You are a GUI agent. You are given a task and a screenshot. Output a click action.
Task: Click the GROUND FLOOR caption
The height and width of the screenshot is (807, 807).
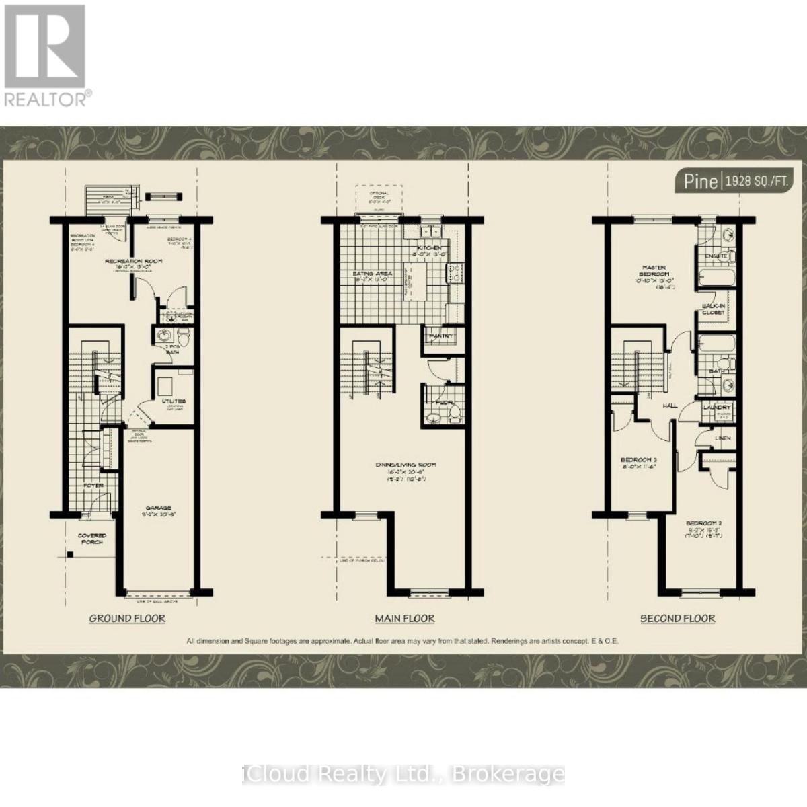[x=127, y=618]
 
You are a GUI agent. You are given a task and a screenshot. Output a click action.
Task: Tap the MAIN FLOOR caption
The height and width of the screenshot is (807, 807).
[x=404, y=618]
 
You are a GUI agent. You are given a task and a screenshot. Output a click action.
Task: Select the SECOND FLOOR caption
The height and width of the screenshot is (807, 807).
[x=677, y=618]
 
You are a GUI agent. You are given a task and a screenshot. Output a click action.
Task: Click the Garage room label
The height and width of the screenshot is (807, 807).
[x=159, y=508]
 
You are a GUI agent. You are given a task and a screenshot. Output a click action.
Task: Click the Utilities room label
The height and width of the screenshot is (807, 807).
[x=174, y=401]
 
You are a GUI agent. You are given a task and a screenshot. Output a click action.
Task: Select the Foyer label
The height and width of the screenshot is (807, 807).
[x=93, y=484]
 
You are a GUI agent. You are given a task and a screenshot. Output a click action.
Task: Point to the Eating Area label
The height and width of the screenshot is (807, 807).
[x=373, y=274]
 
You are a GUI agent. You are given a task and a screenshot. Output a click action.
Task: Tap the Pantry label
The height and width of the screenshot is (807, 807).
[x=441, y=336]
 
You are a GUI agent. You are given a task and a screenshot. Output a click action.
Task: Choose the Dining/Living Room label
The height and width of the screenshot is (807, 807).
[x=406, y=465]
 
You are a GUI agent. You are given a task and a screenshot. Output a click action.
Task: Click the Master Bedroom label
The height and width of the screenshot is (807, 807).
[x=654, y=270]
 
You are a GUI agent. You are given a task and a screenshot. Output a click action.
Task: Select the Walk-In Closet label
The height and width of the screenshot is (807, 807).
[x=714, y=309]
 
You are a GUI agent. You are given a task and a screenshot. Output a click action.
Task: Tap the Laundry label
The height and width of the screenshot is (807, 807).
[x=716, y=408]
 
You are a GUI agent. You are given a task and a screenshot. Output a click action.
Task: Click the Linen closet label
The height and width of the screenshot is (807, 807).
[x=723, y=438]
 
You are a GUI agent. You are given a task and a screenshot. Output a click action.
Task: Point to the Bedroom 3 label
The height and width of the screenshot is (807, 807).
[x=638, y=460]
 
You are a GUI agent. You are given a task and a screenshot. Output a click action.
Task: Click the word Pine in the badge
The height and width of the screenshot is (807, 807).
[x=700, y=181]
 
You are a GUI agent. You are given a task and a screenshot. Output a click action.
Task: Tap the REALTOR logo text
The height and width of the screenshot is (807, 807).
[x=45, y=99]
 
